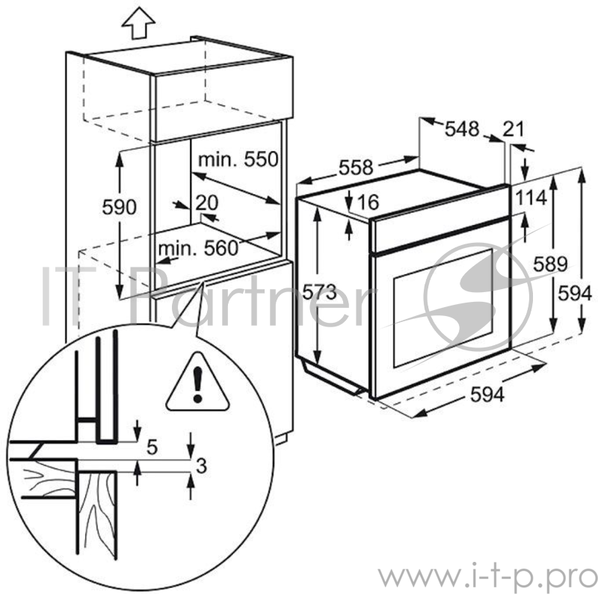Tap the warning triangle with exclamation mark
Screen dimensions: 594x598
197,383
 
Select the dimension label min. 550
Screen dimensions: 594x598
238,159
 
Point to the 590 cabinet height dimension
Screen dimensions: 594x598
120,207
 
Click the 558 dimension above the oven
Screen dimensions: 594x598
355,169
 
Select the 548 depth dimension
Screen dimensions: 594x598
461,129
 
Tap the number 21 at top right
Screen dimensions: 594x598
514,129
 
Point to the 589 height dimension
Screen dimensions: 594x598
549,263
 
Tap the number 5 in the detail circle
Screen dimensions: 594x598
152,448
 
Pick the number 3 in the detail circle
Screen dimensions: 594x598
200,466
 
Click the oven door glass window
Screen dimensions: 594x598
442,306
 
